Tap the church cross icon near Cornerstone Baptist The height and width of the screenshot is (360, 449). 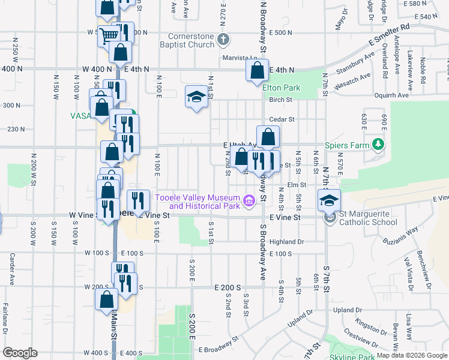coord(223,40)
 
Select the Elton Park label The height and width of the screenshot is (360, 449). coord(281,88)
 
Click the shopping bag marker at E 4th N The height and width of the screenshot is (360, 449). coord(257,70)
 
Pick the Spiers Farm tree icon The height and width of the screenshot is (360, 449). coord(378,145)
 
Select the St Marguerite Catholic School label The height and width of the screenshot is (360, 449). coord(368,218)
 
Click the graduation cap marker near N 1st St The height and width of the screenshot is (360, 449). coord(196,97)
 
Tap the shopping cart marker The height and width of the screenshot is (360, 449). coord(108,35)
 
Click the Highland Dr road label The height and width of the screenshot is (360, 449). coord(287,242)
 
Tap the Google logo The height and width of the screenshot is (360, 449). coord(20,352)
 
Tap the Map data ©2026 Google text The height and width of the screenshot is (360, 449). coord(411,355)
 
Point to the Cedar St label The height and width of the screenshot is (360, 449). coord(280,119)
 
